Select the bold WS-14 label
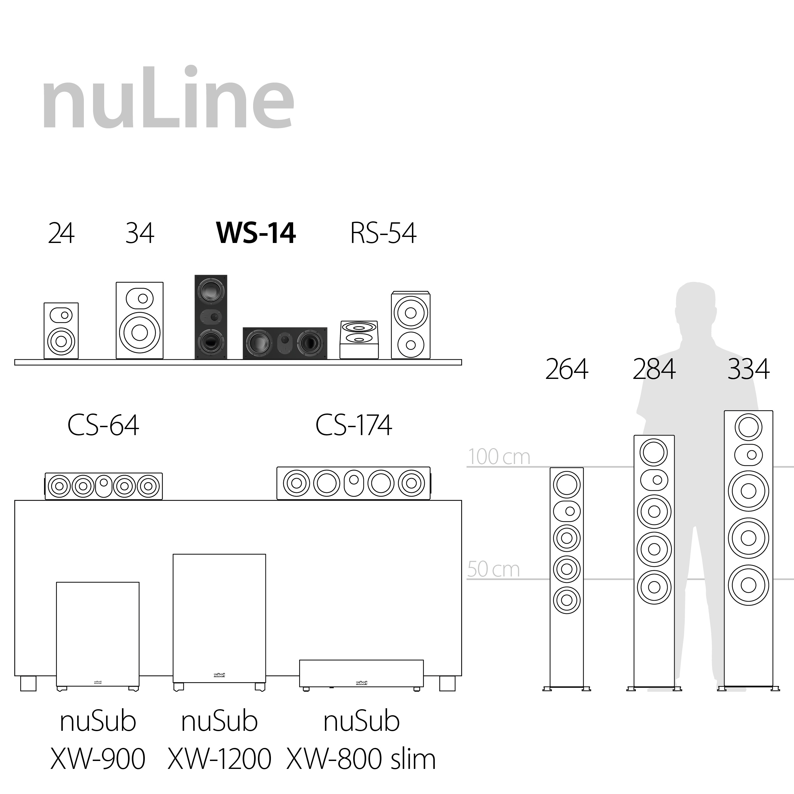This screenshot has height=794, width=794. pos(256,233)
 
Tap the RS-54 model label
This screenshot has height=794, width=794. pos(383,233)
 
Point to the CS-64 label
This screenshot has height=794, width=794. pos(103,425)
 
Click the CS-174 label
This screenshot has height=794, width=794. pos(353,425)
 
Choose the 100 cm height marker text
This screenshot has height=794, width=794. pos(499,457)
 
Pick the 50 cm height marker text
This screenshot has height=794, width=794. pos(493,569)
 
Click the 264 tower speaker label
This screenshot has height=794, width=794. pos(566,369)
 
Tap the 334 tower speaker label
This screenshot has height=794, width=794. pos(748,369)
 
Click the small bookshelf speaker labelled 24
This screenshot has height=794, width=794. pos(61,331)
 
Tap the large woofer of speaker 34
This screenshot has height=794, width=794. pos(140,333)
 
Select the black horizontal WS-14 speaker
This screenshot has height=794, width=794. pos(285,343)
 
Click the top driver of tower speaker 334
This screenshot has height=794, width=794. pos(748,427)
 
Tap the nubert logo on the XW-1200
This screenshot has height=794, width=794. pos(219,675)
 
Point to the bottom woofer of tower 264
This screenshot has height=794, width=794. pos(567,600)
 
